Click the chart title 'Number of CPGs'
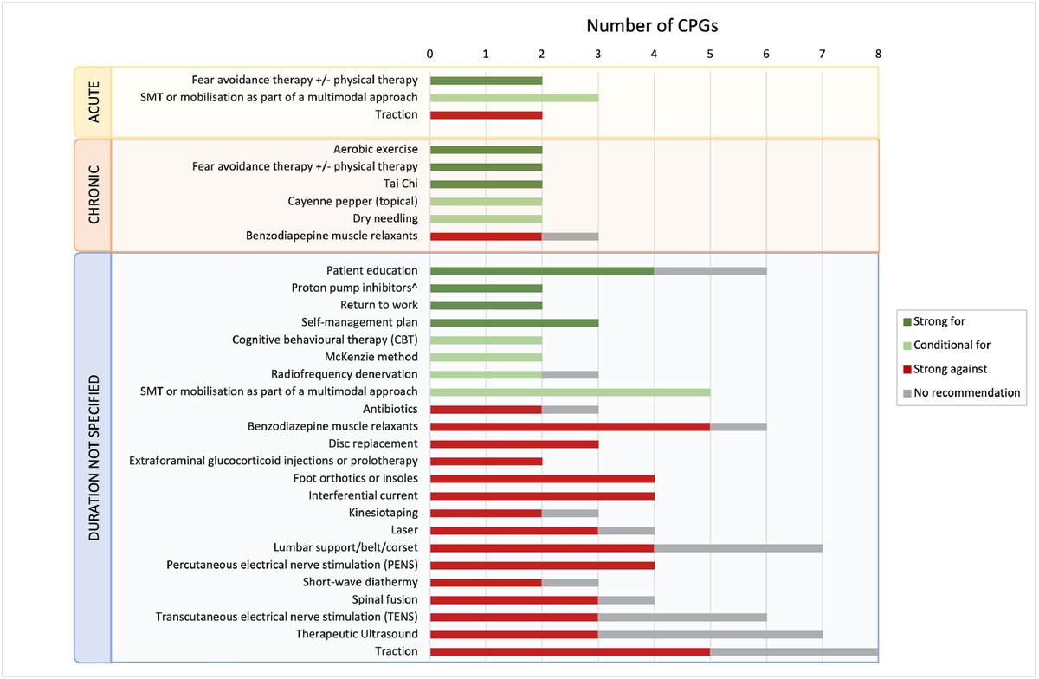click(652, 25)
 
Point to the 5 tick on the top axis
click(710, 53)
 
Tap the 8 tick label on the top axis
click(878, 53)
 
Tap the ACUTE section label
click(93, 101)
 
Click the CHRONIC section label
click(93, 195)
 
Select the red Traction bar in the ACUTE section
click(486, 114)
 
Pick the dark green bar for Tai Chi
click(486, 184)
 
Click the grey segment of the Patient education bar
click(710, 270)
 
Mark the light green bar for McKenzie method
click(486, 357)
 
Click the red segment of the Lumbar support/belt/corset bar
click(542, 547)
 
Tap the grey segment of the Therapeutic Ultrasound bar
click(710, 634)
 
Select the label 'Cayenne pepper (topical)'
click(353, 201)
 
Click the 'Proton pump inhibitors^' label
click(355, 288)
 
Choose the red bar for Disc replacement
click(513, 443)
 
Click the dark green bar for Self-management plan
click(513, 322)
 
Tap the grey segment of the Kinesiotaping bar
click(570, 513)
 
